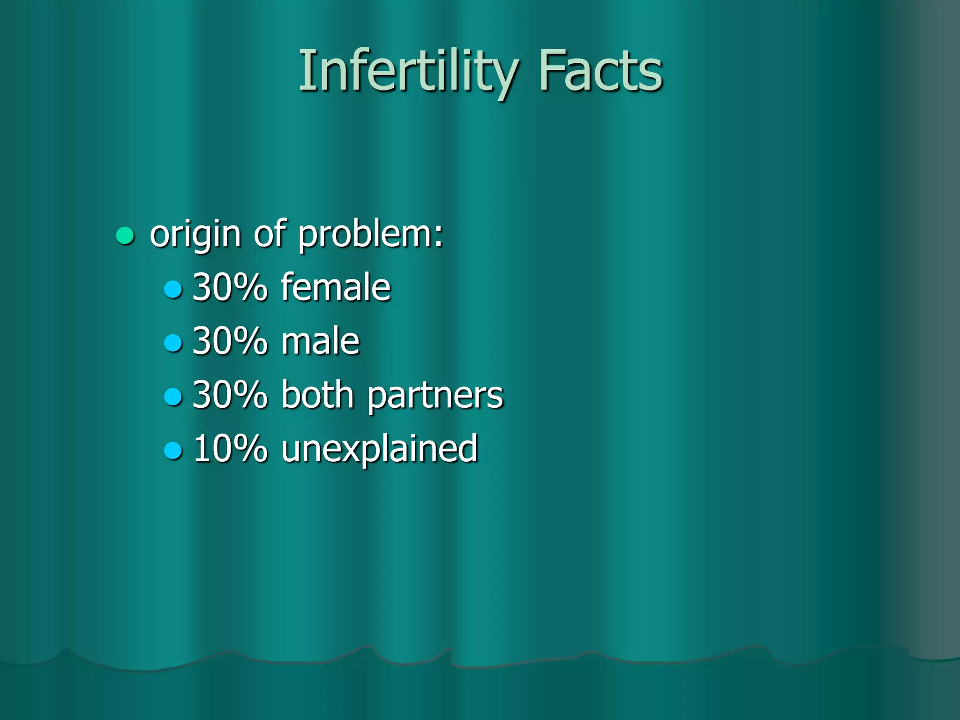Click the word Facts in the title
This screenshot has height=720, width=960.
coord(600,71)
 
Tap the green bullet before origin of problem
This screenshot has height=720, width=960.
coord(125,236)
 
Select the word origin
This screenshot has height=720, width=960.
coord(195,234)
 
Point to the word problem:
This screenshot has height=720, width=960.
coord(370,234)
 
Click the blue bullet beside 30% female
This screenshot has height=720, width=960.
coord(173,289)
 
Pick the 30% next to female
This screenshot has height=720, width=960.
coord(230,287)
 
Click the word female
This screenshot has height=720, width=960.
coord(336,287)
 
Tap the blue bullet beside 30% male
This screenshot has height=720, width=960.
coord(173,343)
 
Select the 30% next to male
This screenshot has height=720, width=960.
coord(230,341)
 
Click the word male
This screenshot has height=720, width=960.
coord(320,341)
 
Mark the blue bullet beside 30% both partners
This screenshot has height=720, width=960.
coord(173,397)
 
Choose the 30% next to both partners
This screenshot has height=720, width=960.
coord(230,395)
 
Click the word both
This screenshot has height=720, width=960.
coord(317,395)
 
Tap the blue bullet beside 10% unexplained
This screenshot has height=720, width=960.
coord(173,450)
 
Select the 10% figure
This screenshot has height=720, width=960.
coord(230,449)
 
